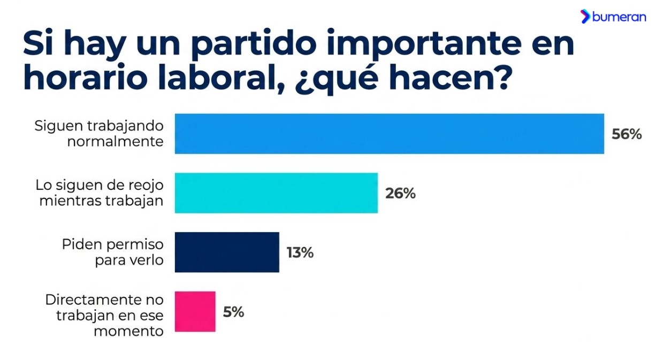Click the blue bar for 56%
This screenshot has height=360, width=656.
point(390,134)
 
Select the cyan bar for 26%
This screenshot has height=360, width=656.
point(277,193)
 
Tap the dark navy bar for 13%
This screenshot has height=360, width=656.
point(227,252)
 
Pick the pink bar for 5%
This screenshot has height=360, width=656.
point(195,311)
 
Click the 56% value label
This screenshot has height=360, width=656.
point(627,134)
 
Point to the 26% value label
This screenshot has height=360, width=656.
point(400,194)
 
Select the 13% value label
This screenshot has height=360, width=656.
point(300,252)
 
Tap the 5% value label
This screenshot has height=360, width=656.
point(233,312)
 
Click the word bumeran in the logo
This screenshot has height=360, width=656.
point(619,17)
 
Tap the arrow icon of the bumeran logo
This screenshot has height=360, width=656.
point(585,16)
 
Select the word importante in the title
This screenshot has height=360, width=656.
point(424,43)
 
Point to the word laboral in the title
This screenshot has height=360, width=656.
point(221,77)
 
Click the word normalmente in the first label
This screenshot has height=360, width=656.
point(116,142)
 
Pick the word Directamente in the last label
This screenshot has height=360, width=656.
point(94,300)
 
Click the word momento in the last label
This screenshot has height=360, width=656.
point(128,331)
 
